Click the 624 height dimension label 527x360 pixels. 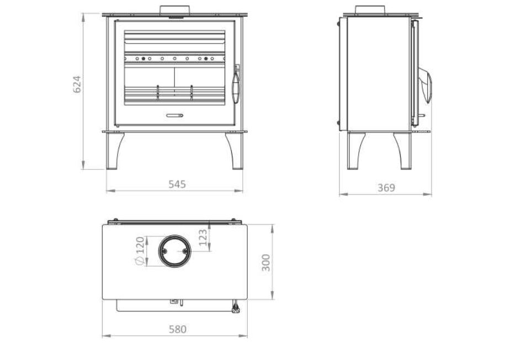coord(78,84)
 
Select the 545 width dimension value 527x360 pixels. coord(177,184)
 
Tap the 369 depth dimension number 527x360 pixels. coord(386,188)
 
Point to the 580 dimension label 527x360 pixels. coord(177,330)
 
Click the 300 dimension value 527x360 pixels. coord(266,262)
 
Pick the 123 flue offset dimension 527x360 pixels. coord(203,237)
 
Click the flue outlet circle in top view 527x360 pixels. coord(174,251)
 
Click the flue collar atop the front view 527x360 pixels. coord(175,10)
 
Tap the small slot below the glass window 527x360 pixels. coord(174,115)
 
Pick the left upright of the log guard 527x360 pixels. coord(158,93)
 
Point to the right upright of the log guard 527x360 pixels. coord(191,93)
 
